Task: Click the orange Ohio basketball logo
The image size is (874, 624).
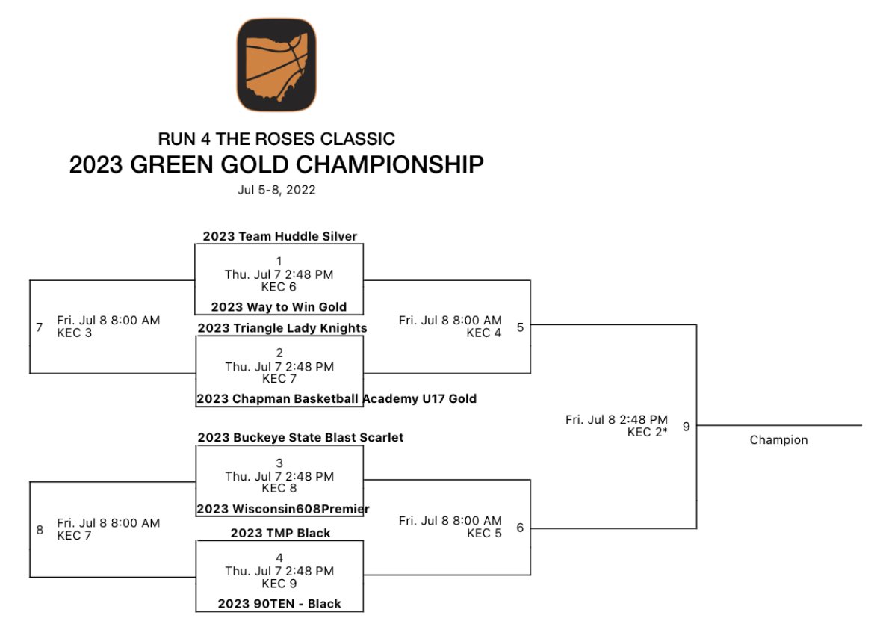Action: tap(276, 65)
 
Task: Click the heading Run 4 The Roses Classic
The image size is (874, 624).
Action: tap(276, 139)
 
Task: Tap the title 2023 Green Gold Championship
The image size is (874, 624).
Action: tap(276, 164)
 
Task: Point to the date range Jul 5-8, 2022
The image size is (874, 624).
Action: tap(276, 190)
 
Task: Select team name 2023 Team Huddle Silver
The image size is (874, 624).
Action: tap(279, 237)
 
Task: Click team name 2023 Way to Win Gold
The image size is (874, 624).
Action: tap(279, 307)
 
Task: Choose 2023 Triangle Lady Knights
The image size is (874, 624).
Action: tap(282, 328)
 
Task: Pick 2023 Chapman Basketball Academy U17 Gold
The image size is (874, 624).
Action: tap(337, 399)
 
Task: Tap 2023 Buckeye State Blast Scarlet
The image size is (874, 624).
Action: tap(300, 438)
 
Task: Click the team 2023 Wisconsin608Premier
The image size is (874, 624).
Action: tap(283, 510)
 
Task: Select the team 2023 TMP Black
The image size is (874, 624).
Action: tap(280, 533)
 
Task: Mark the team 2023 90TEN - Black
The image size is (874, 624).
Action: tap(279, 604)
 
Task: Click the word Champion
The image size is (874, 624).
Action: tap(778, 440)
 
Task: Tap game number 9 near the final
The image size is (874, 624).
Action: tap(686, 426)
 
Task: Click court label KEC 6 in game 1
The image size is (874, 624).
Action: tap(279, 286)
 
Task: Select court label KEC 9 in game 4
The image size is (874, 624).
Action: tap(279, 583)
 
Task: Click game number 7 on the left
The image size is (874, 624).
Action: tap(40, 327)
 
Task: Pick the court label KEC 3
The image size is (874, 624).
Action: tap(75, 333)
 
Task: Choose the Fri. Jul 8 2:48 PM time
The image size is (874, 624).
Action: tap(616, 420)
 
